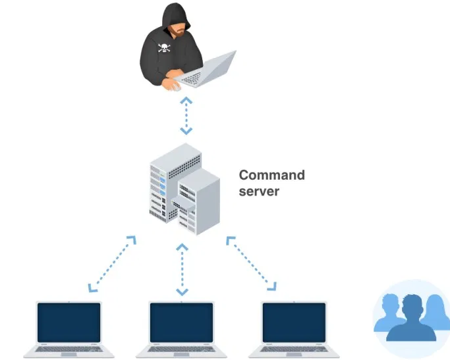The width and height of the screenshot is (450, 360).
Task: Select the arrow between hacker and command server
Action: click(186, 115)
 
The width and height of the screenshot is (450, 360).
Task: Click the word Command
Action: click(271, 175)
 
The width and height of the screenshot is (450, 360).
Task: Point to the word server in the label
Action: click(259, 192)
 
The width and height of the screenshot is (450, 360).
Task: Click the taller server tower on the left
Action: click(165, 181)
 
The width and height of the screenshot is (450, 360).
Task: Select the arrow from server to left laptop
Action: click(113, 263)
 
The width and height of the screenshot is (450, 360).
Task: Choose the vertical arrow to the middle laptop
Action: click(182, 269)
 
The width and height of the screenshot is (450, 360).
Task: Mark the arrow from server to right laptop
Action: click(251, 263)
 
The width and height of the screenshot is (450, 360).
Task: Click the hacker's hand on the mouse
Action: click(172, 84)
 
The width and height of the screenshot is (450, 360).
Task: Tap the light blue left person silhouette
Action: click(388, 314)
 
